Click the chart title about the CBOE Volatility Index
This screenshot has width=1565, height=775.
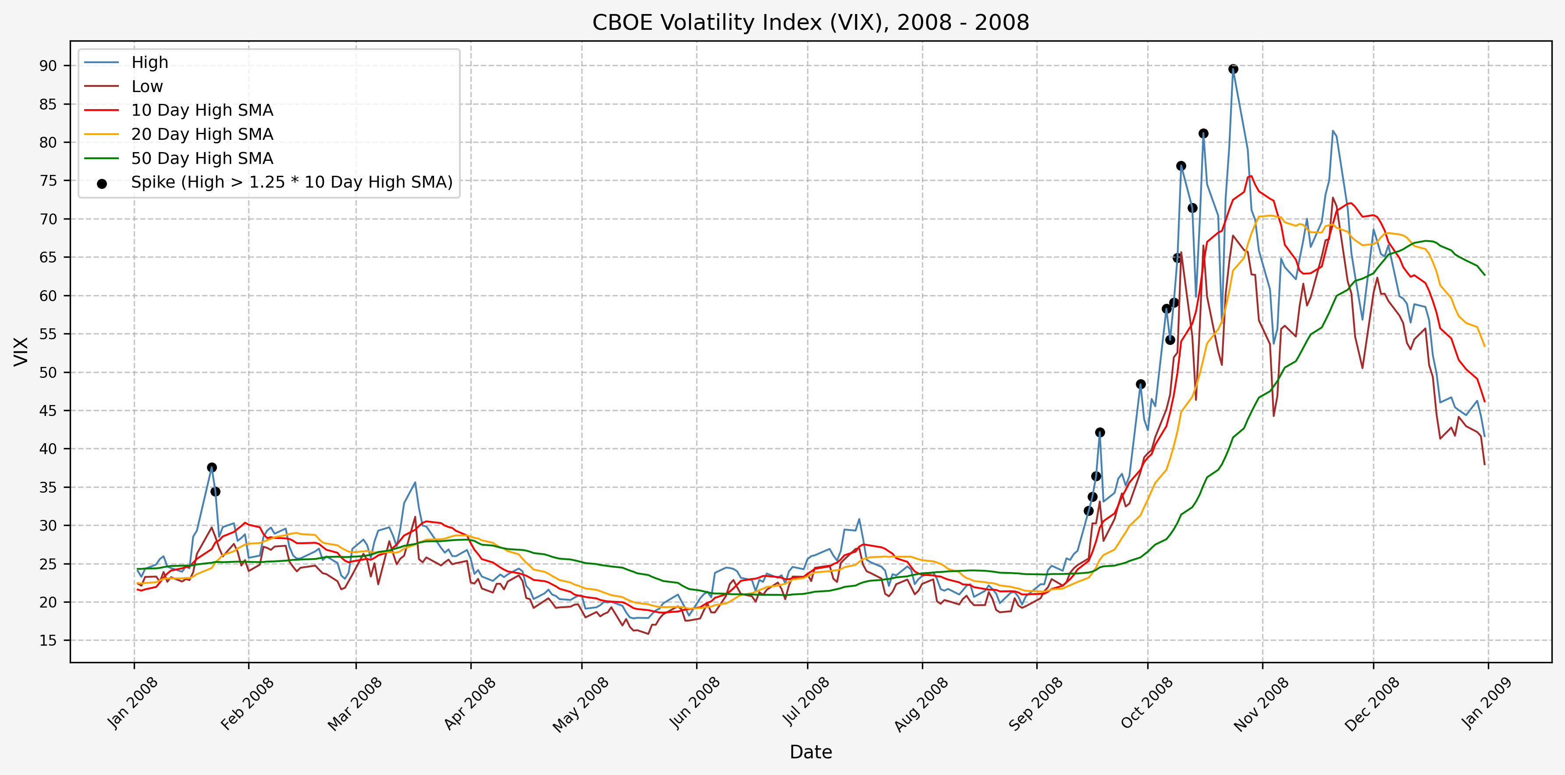tap(811, 22)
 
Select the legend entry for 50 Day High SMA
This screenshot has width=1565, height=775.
tap(202, 159)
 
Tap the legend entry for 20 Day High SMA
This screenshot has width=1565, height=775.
tap(202, 134)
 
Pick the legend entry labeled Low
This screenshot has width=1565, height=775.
tap(147, 87)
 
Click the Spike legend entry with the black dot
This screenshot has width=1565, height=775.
tap(292, 182)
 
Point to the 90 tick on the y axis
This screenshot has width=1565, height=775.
tap(48, 66)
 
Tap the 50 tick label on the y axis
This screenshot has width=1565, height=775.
tap(48, 372)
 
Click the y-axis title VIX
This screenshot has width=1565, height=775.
tap(21, 351)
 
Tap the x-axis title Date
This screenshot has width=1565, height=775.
tap(811, 752)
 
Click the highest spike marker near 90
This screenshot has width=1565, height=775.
tap(1233, 69)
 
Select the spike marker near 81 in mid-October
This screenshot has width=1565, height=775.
tap(1203, 134)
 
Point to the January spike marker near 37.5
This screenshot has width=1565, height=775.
tap(211, 467)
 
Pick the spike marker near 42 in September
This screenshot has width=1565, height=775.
tap(1099, 433)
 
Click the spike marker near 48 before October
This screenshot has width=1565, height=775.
tap(1140, 384)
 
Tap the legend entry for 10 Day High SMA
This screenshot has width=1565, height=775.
tap(202, 110)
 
